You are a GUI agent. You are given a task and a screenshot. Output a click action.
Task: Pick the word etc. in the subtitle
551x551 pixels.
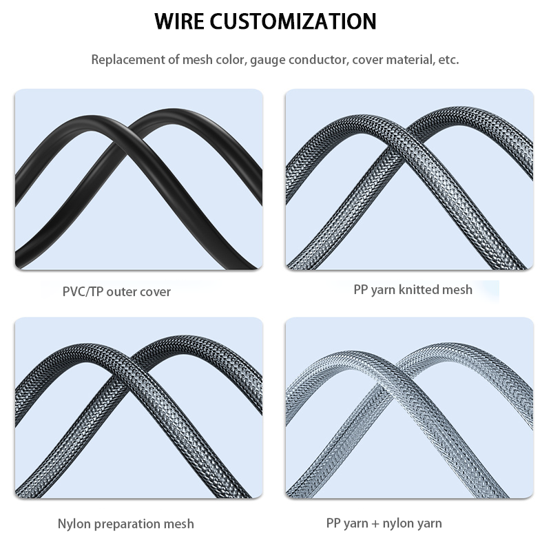(448, 59)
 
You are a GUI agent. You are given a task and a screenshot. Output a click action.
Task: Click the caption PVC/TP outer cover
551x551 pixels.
(116, 291)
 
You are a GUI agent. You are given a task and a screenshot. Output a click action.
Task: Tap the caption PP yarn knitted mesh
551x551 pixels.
(413, 289)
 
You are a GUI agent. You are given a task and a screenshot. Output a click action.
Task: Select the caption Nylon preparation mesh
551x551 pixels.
(125, 524)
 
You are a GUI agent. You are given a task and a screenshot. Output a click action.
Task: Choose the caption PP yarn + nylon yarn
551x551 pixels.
(384, 523)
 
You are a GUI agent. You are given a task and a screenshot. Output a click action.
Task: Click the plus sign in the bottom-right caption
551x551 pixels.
(375, 524)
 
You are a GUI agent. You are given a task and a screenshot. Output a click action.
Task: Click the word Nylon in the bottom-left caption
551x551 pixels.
(74, 524)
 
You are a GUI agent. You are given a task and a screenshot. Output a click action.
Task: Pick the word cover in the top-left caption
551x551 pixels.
(155, 291)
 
